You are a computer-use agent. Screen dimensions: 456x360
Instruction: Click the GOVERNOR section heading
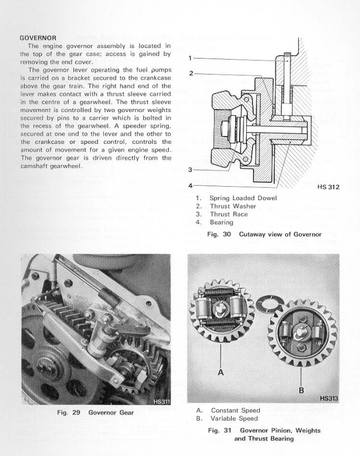[39, 38]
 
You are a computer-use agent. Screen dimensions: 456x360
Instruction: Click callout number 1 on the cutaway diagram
[191, 57]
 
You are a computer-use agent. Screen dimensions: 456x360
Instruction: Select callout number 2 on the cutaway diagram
[191, 73]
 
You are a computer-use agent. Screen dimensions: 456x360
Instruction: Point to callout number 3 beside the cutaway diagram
[191, 170]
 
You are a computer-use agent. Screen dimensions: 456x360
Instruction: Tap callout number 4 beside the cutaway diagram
[191, 185]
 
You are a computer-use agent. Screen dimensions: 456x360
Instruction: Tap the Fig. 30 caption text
[264, 234]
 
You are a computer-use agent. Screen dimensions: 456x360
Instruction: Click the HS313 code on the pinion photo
[328, 398]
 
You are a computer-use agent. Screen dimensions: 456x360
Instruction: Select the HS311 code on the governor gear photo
[162, 399]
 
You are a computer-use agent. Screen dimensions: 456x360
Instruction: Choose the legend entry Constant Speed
[235, 410]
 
